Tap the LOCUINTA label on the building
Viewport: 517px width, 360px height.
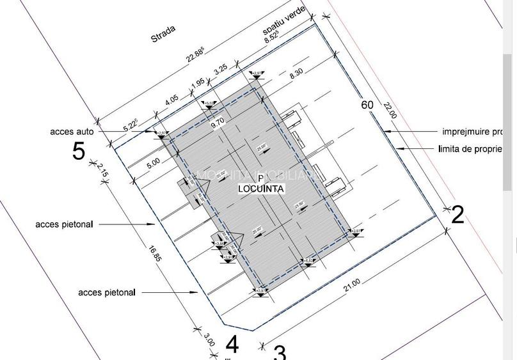pyautogui.click(x=261, y=189)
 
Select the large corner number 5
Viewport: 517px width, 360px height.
pyautogui.click(x=79, y=152)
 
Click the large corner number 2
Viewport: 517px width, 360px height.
pyautogui.click(x=457, y=215)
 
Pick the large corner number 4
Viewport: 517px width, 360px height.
pyautogui.click(x=232, y=345)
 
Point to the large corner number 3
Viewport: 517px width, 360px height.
pyautogui.click(x=280, y=352)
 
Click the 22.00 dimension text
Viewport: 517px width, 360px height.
pyautogui.click(x=390, y=111)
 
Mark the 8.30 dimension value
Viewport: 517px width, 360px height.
pyautogui.click(x=296, y=74)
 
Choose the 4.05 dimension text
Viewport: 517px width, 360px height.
pyautogui.click(x=171, y=101)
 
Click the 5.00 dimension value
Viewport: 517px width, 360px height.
pyautogui.click(x=153, y=163)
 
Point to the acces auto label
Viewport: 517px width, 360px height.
pyautogui.click(x=72, y=132)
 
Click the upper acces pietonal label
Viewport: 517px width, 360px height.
pyautogui.click(x=64, y=224)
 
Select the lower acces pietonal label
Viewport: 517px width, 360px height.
pyautogui.click(x=107, y=292)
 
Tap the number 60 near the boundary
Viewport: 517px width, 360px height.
pyautogui.click(x=367, y=106)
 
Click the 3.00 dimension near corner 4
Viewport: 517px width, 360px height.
pyautogui.click(x=209, y=340)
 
